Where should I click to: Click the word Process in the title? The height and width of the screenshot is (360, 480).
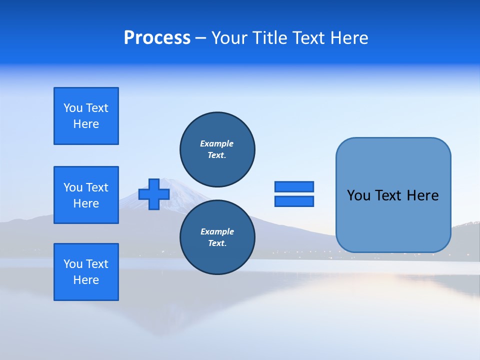pyautogui.click(x=157, y=38)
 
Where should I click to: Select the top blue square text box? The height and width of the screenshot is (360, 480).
pyautogui.click(x=86, y=116)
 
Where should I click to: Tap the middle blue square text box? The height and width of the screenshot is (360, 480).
pyautogui.click(x=86, y=195)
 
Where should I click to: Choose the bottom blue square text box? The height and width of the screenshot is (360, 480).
pyautogui.click(x=86, y=272)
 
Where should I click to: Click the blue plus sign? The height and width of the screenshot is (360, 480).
pyautogui.click(x=154, y=194)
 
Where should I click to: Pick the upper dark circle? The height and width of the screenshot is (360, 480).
pyautogui.click(x=217, y=149)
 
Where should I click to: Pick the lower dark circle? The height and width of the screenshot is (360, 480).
pyautogui.click(x=217, y=237)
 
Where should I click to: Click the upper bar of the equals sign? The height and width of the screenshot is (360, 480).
pyautogui.click(x=294, y=187)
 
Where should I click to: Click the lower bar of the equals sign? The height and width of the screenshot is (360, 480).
pyautogui.click(x=294, y=201)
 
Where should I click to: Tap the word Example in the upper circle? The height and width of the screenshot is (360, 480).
pyautogui.click(x=216, y=143)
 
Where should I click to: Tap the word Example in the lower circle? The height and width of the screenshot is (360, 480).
pyautogui.click(x=217, y=231)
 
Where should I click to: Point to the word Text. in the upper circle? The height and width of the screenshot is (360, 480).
pyautogui.click(x=217, y=155)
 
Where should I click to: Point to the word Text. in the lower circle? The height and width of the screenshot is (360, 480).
pyautogui.click(x=217, y=243)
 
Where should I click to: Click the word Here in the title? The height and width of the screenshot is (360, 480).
pyautogui.click(x=348, y=38)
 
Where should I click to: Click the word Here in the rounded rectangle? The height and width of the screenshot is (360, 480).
pyautogui.click(x=422, y=195)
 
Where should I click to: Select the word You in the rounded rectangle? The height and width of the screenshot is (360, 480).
pyautogui.click(x=358, y=195)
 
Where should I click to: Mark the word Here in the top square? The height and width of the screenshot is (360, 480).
pyautogui.click(x=86, y=124)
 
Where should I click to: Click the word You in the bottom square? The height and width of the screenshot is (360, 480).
pyautogui.click(x=73, y=264)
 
